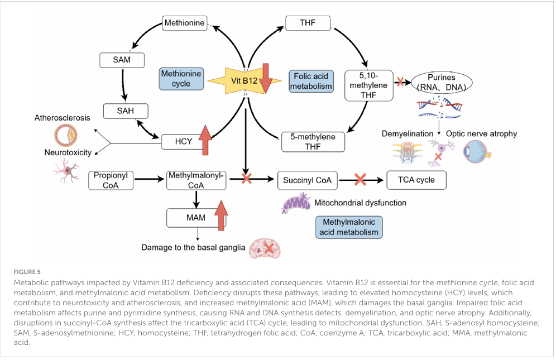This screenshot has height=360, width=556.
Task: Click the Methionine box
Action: point(184,23)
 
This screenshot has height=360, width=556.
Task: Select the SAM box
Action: point(121,60)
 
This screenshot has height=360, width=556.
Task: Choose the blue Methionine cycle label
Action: point(181,79)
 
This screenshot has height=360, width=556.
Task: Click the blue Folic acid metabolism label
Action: point(311,81)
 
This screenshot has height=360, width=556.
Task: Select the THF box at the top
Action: point(308,23)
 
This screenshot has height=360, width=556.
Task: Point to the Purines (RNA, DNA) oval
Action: point(442,82)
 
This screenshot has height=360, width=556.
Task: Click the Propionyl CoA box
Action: point(111,180)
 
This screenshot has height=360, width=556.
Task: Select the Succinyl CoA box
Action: point(308,180)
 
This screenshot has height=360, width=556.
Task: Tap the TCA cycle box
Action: point(416,180)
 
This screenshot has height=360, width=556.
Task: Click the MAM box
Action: point(195,218)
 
